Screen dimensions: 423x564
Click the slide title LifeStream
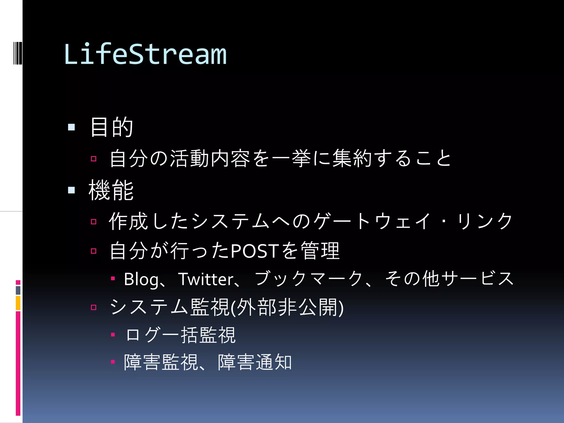click(x=145, y=54)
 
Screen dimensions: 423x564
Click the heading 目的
click(x=112, y=127)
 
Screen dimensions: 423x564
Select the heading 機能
click(x=111, y=190)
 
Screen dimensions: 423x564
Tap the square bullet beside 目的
click(x=71, y=127)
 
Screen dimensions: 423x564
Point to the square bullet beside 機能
click(x=71, y=190)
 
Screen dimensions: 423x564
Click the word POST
click(x=253, y=251)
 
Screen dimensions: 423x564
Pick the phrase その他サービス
click(x=449, y=279)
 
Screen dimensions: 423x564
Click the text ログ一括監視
click(x=180, y=335)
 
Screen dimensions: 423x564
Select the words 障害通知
click(x=255, y=362)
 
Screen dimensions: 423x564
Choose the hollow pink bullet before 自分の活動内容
click(x=94, y=159)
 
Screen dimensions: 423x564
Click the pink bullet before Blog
click(x=113, y=279)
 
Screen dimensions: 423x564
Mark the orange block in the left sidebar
click(x=18, y=303)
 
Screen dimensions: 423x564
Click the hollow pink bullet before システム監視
click(x=94, y=307)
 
